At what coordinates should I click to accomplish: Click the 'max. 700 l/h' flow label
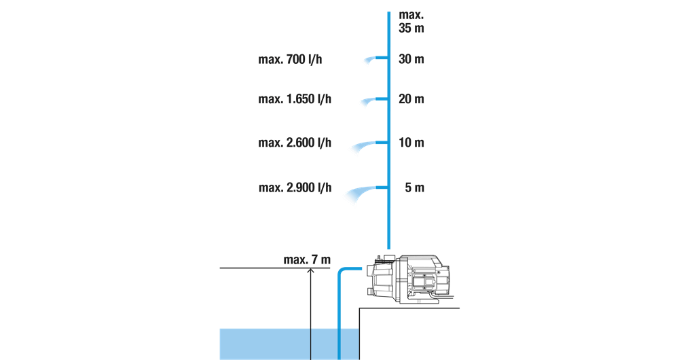(x=290, y=59)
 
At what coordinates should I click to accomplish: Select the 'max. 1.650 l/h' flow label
(x=295, y=99)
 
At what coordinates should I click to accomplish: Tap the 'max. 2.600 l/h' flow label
(x=295, y=143)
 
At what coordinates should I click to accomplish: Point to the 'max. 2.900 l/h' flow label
(x=295, y=188)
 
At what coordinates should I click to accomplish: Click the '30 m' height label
(x=411, y=59)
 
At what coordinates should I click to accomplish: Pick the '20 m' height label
(x=411, y=99)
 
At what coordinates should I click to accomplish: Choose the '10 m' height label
(x=411, y=143)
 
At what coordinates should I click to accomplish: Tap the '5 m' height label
(x=414, y=188)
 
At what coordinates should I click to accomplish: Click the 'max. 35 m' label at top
(x=411, y=21)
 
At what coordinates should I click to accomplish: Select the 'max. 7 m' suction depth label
(x=307, y=260)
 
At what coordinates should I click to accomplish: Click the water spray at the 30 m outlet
(x=369, y=60)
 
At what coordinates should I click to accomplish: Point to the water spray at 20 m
(x=368, y=101)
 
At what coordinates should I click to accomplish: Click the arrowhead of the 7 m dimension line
(x=310, y=271)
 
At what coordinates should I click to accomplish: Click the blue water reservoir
(x=289, y=344)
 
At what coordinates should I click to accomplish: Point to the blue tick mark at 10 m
(x=382, y=143)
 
